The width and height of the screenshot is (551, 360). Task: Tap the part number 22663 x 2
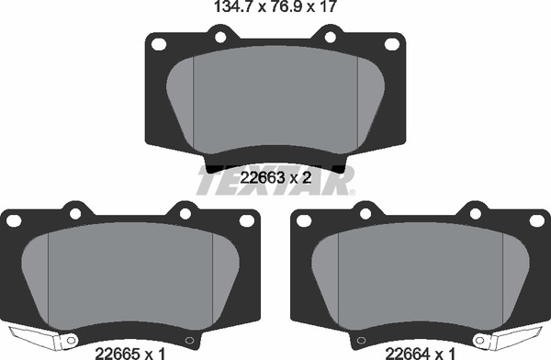coord(275,179)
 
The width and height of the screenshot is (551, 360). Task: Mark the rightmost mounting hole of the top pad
coord(391,43)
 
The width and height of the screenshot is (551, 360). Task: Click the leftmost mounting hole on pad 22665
coord(12,220)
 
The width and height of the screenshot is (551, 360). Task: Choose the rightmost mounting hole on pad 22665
coord(246,220)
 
